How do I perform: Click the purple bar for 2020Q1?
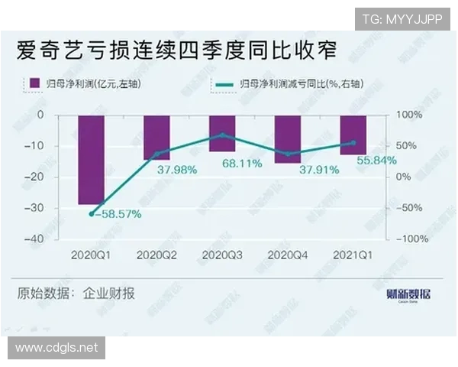[x=92, y=160]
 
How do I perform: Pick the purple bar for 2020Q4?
[x=288, y=138]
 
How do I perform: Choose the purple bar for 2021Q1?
[x=353, y=135]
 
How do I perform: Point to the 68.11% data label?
[x=222, y=164]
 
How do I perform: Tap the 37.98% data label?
[x=177, y=170]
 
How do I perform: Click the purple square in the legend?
[x=34, y=83]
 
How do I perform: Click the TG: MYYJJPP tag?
[x=401, y=19]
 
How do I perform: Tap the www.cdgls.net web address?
[x=57, y=348]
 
